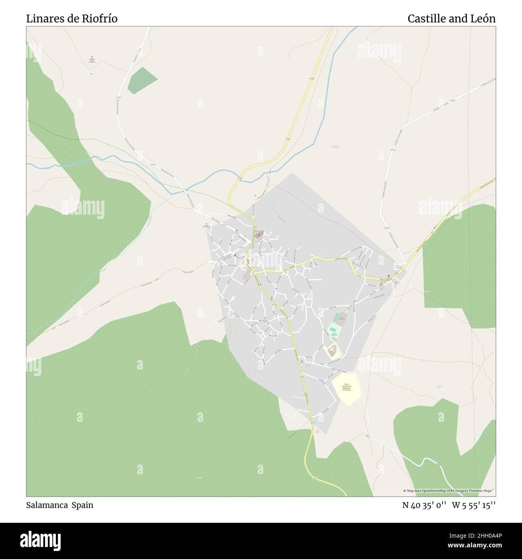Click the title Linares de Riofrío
72,18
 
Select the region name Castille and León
451,18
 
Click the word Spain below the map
82,505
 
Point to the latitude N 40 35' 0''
425,505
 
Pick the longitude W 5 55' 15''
474,505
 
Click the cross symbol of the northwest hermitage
92,57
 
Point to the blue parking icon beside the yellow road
302,361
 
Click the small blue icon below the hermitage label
92,74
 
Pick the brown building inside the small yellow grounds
332,352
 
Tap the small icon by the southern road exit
317,430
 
